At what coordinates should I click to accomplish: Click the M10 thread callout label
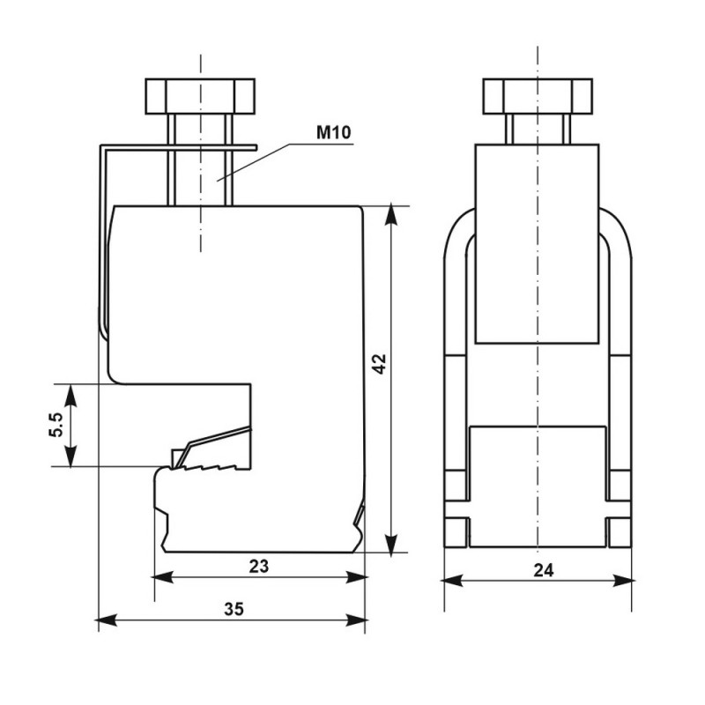click(334, 134)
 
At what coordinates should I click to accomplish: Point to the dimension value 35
click(233, 609)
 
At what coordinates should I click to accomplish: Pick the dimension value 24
click(543, 570)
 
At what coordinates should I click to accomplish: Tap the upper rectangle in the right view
click(537, 242)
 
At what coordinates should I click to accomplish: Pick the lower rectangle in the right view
click(537, 485)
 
